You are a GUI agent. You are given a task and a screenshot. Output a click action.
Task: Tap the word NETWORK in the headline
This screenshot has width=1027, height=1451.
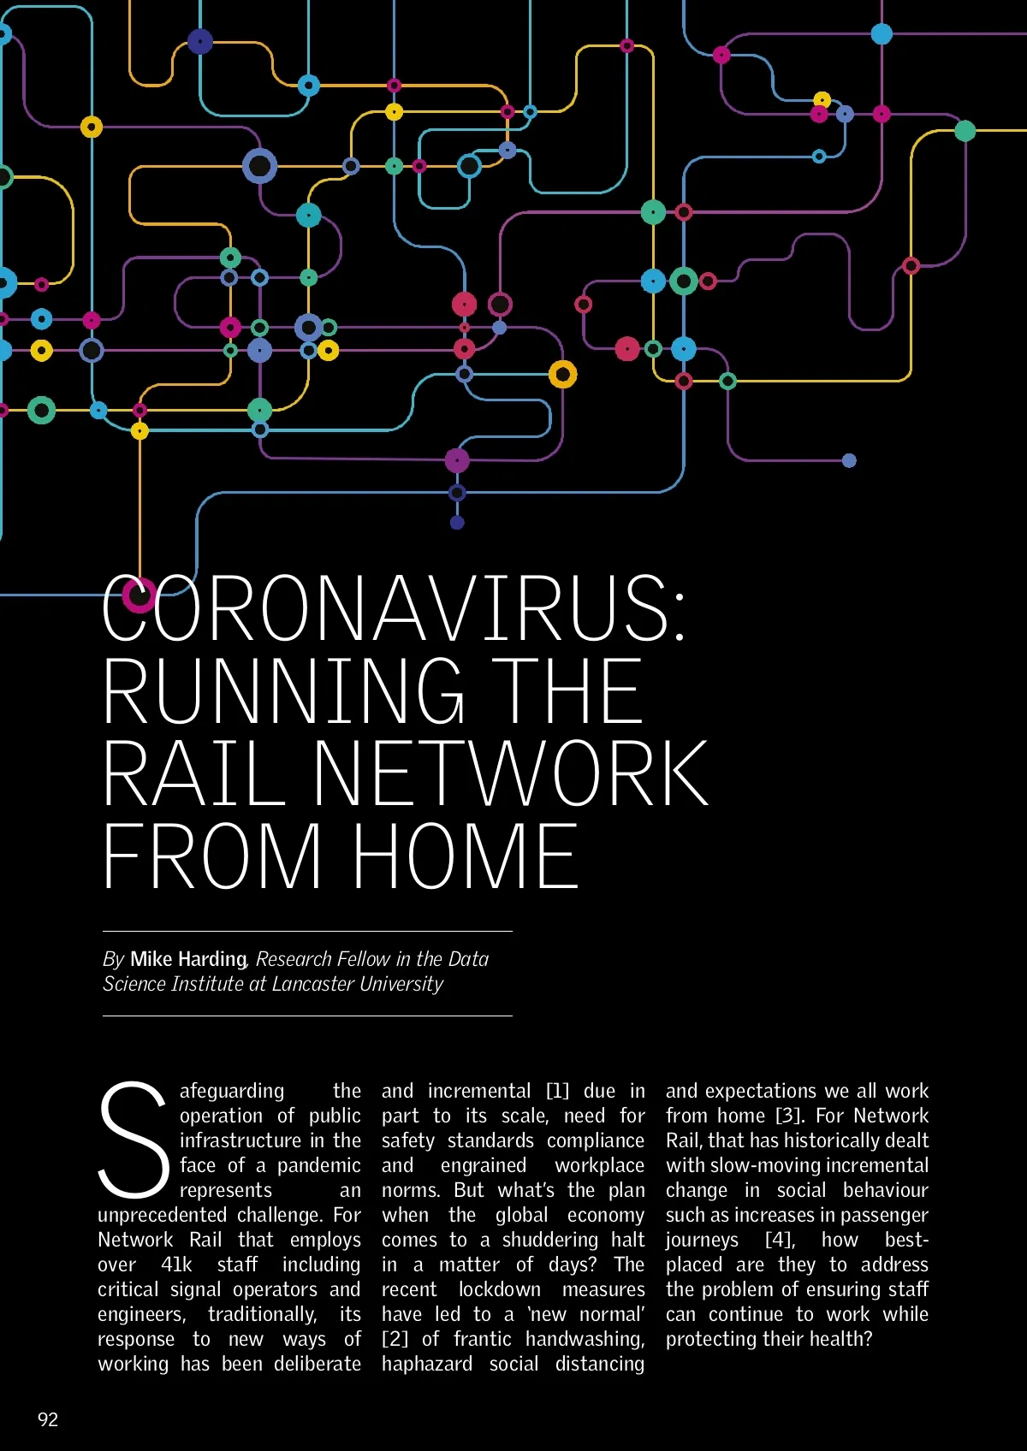(511, 775)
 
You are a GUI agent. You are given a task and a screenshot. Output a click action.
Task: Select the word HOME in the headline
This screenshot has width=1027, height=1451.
(466, 857)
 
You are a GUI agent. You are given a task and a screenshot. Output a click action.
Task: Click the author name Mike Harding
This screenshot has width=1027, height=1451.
(188, 959)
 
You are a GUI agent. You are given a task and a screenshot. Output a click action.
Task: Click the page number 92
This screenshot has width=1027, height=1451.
(48, 1419)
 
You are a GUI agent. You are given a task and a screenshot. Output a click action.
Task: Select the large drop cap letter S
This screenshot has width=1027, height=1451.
(134, 1140)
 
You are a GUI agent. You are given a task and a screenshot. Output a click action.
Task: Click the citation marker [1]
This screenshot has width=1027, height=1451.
(557, 1091)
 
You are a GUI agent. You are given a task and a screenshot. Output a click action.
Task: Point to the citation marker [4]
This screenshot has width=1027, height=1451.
(780, 1240)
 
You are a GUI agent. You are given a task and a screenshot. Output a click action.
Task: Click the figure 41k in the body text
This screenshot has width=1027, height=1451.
(176, 1264)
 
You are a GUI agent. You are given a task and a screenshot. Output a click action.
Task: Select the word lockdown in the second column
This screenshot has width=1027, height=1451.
(499, 1289)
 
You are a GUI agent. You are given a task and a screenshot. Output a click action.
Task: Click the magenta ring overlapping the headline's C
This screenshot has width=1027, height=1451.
(139, 595)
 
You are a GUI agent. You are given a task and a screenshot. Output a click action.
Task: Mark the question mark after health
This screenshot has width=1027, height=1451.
(867, 1339)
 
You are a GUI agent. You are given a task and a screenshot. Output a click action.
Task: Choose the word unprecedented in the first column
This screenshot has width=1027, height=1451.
(162, 1215)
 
